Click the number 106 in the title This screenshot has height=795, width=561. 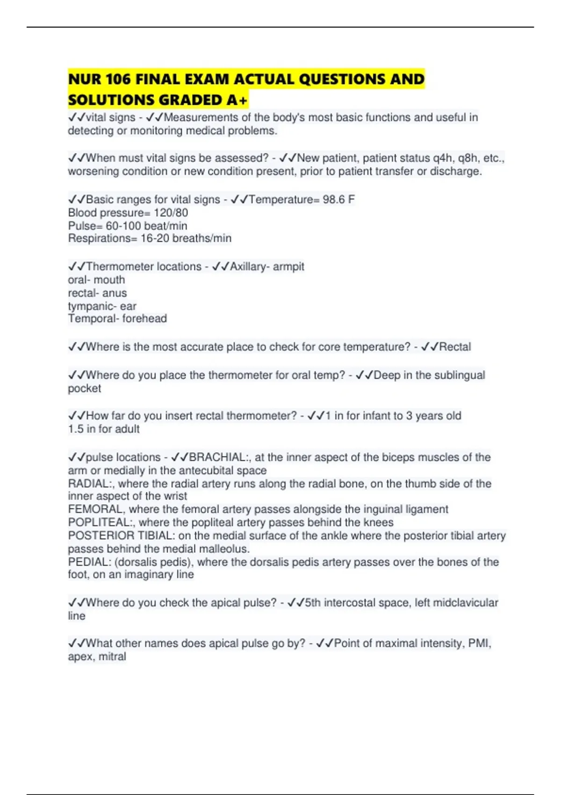coord(118,79)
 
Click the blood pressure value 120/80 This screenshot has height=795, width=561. coord(171,213)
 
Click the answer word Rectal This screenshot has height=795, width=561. coord(455,347)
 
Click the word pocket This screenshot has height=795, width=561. coord(85,388)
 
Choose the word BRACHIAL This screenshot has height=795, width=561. coord(217,457)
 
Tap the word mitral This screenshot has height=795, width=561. coord(112,657)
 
